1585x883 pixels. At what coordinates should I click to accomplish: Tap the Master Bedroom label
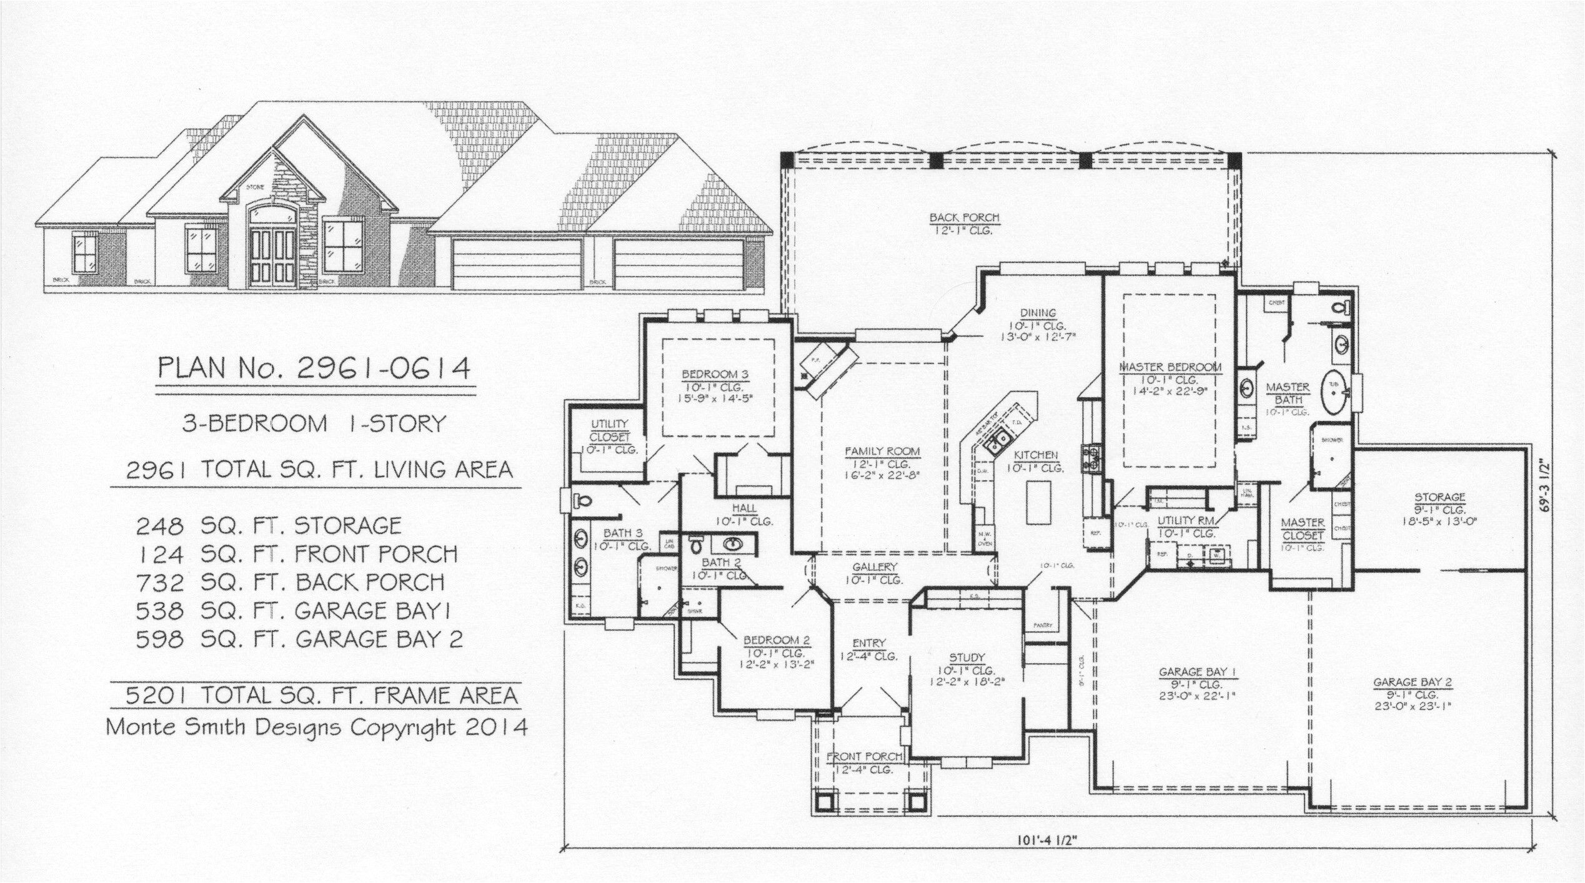click(1170, 367)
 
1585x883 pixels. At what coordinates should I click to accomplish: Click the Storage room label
click(1440, 498)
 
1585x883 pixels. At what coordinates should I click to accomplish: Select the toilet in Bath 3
click(582, 500)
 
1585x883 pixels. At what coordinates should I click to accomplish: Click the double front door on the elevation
click(272, 256)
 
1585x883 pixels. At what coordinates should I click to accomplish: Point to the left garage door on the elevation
click(517, 264)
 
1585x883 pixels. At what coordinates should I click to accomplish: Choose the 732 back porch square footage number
click(161, 583)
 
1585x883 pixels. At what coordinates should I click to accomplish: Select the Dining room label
click(1038, 313)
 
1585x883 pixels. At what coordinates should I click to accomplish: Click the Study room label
click(967, 658)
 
